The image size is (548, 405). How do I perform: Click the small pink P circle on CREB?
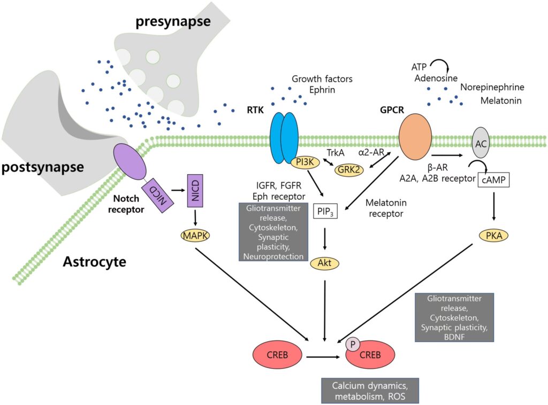click(353, 345)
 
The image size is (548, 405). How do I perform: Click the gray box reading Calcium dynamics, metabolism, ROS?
click(369, 391)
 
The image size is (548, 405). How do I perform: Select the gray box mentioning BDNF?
click(454, 317)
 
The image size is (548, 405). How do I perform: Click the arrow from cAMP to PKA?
click(493, 207)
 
